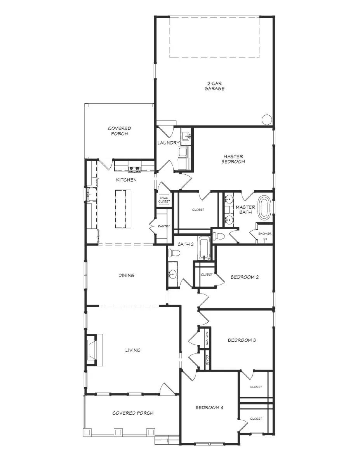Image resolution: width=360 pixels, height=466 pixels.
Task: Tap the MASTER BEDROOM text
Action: click(233, 159)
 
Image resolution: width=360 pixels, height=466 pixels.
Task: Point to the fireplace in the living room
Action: click(93, 350)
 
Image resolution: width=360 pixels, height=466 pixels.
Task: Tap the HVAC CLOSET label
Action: click(163, 200)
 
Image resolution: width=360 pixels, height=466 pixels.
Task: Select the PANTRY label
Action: click(163, 226)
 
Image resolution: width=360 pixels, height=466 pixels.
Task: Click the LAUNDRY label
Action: click(168, 143)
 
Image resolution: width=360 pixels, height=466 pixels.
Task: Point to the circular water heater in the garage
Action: click(267, 119)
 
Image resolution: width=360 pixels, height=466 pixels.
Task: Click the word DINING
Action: click(126, 275)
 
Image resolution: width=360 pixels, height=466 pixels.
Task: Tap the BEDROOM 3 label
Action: click(241, 340)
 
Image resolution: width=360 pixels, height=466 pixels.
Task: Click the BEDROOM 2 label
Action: click(244, 277)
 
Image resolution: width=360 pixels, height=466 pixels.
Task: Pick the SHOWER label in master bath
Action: click(264, 234)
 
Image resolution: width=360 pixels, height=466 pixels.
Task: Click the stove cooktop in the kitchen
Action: click(135, 168)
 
